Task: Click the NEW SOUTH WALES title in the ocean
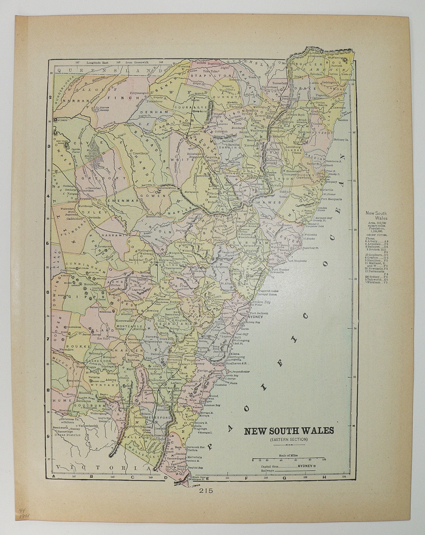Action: (x=289, y=430)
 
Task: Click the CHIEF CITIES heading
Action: (x=377, y=235)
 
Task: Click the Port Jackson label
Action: (x=257, y=313)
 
